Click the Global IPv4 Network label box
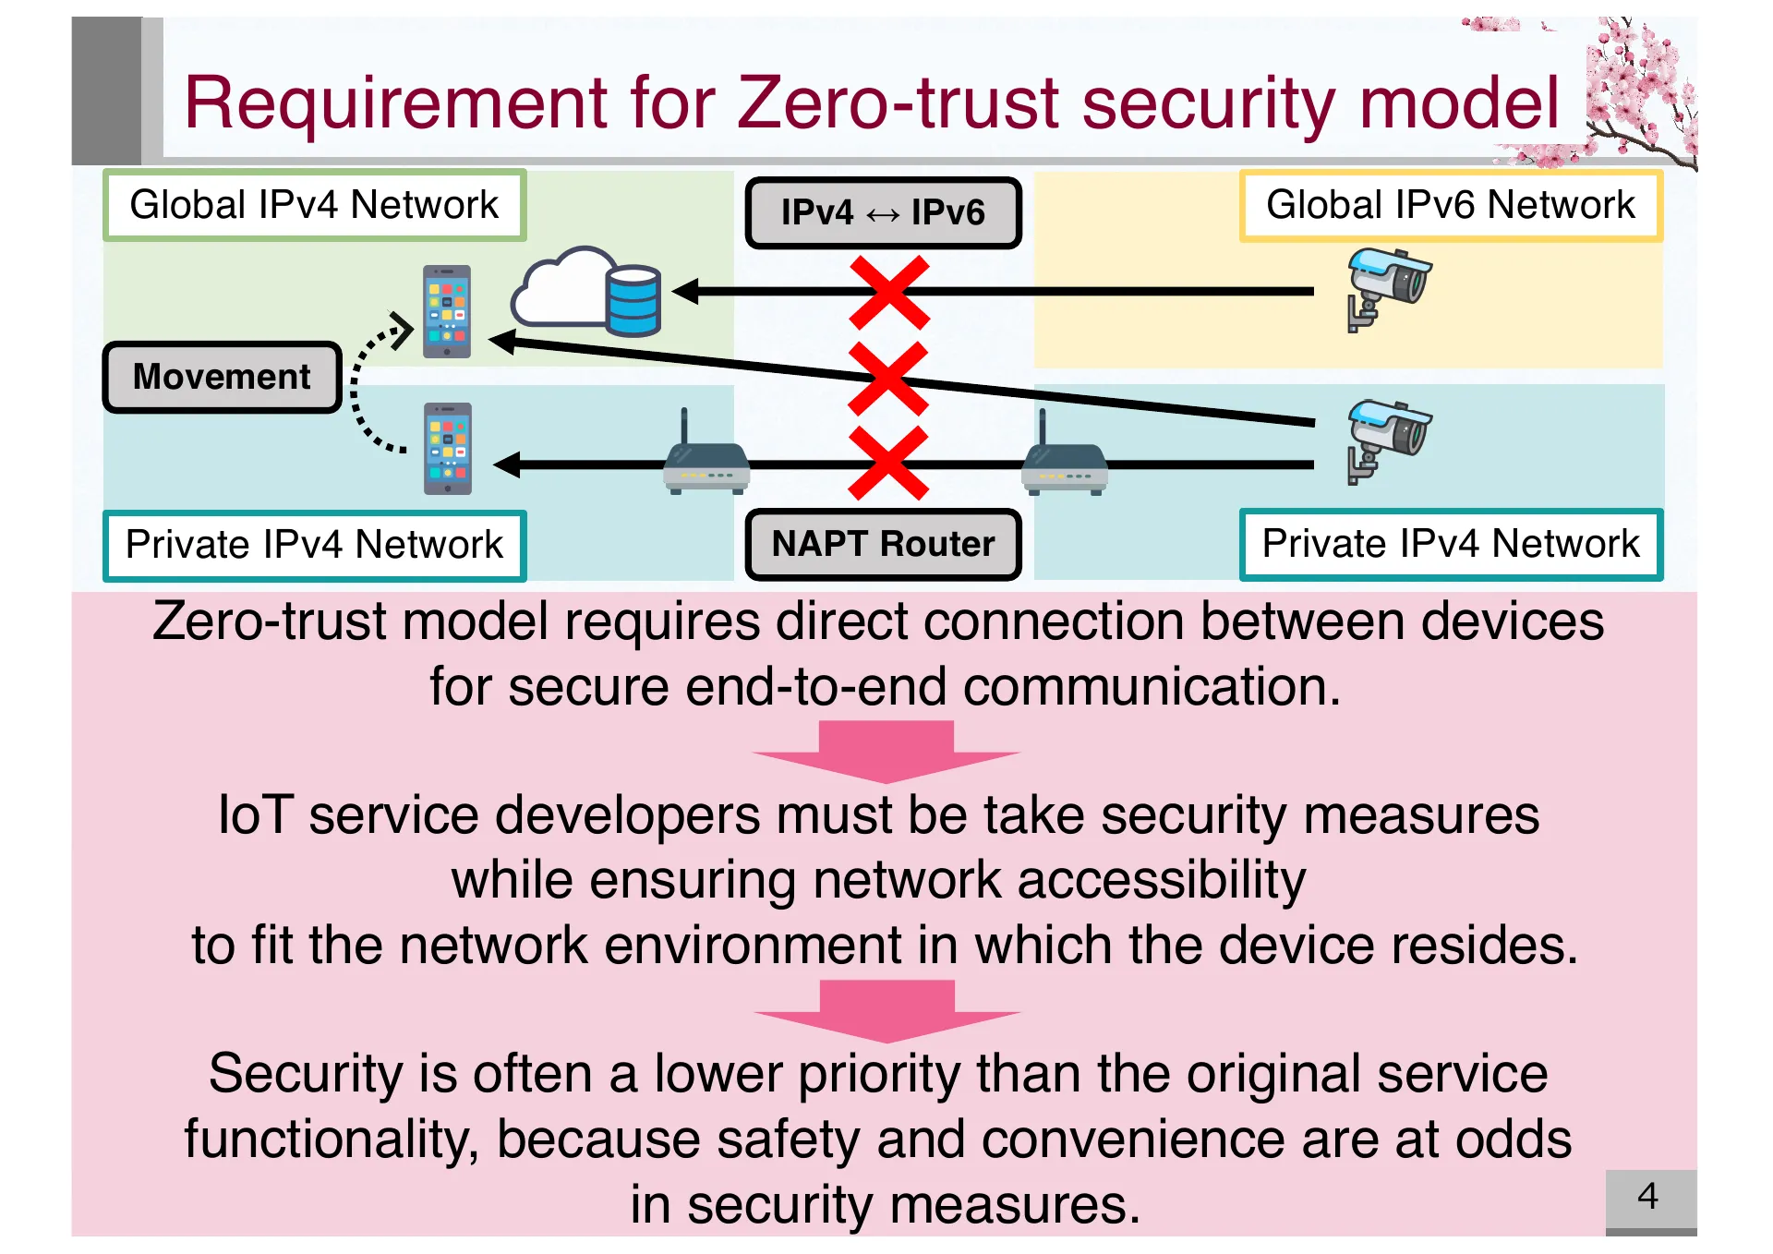(314, 205)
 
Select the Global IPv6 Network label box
(1450, 205)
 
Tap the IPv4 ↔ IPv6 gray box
(883, 212)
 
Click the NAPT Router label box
(883, 544)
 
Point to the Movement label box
(222, 377)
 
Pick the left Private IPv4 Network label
(314, 545)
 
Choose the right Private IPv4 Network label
(1450, 544)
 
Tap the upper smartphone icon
(447, 312)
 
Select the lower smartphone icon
(447, 449)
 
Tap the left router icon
(706, 462)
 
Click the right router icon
(1064, 462)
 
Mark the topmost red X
(888, 293)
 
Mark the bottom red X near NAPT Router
(888, 464)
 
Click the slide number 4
(1648, 1197)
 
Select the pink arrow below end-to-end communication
(886, 751)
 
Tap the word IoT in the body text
(256, 816)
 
